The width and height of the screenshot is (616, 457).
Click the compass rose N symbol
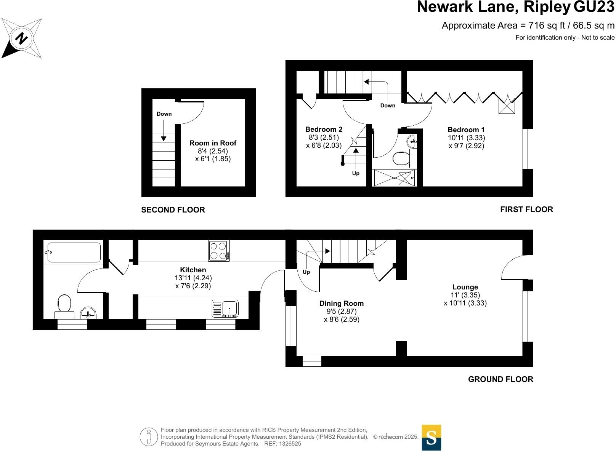pos(22,38)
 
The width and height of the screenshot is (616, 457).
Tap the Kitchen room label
pos(193,270)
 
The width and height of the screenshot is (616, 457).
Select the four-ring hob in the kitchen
pos(219,251)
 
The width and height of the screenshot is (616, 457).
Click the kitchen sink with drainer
pos(225,308)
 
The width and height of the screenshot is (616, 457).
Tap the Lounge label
pos(465,287)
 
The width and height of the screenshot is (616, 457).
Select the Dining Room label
pos(342,304)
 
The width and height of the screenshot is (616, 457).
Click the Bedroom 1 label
pos(466,130)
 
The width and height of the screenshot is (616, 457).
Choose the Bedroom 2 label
pos(324,129)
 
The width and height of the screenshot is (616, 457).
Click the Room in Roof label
pos(213,143)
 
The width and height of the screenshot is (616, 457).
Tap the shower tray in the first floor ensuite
pos(394,178)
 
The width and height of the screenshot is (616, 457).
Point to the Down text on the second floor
pos(164,114)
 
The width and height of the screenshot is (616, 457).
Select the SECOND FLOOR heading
pos(173,210)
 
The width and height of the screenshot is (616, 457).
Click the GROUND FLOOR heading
pos(500,379)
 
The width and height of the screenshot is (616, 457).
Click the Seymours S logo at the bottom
pos(431,438)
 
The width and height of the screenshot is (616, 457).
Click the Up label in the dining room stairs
pos(306,272)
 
